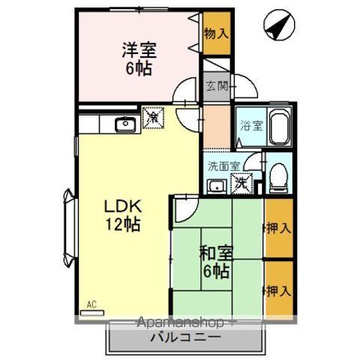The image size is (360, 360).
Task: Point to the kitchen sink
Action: pyautogui.click(x=124, y=125)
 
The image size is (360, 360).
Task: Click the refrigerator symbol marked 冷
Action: pyautogui.click(x=152, y=118)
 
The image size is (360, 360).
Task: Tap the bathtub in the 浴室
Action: pyautogui.click(x=279, y=129)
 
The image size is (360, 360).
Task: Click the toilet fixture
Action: pyautogui.click(x=278, y=175)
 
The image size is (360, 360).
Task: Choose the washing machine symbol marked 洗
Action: pyautogui.click(x=241, y=181)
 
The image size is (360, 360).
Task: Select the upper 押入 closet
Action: pyautogui.click(x=277, y=227)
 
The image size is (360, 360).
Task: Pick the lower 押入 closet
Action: pyautogui.click(x=277, y=288)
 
